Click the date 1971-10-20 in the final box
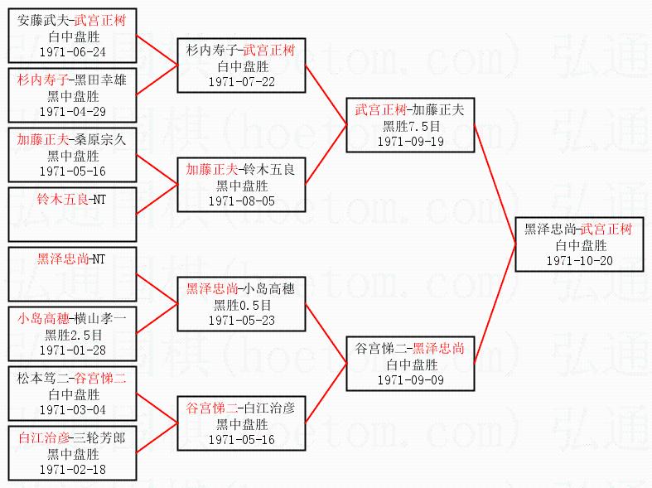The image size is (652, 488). click(579, 260)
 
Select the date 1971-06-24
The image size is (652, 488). click(72, 51)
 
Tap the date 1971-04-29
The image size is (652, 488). click(72, 111)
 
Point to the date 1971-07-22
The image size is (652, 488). click(242, 81)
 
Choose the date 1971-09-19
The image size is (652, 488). click(411, 141)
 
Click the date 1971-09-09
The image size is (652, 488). click(411, 379)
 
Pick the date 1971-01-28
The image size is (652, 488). click(72, 350)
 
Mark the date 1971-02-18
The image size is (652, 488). click(72, 469)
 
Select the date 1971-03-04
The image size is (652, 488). click(72, 409)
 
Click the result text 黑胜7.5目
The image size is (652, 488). click(411, 125)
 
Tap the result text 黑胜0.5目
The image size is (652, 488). click(242, 304)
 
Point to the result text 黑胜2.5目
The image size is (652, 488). click(72, 334)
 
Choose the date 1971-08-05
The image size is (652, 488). click(242, 201)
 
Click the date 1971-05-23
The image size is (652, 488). click(242, 320)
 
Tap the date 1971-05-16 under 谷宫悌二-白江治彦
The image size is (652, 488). click(242, 439)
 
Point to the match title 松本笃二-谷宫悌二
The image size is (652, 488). click(72, 379)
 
